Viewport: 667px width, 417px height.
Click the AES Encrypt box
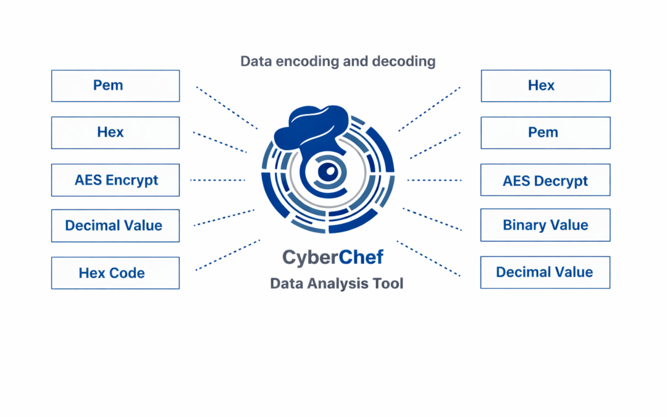pyautogui.click(x=115, y=180)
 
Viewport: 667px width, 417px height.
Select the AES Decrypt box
pyautogui.click(x=545, y=180)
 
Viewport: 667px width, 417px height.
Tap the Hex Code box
pyautogui.click(x=115, y=273)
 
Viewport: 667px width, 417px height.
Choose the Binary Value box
pyautogui.click(x=545, y=225)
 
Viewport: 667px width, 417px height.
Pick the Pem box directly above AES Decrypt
pyautogui.click(x=545, y=132)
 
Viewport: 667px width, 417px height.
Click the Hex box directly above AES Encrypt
pyautogui.click(x=115, y=132)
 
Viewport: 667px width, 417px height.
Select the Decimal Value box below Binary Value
pyautogui.click(x=545, y=272)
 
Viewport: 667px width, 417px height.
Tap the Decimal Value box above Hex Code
pyautogui.click(x=115, y=225)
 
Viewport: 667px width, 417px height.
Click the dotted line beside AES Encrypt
pyautogui.click(x=217, y=180)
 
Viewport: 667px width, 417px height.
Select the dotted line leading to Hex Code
pyautogui.click(x=227, y=255)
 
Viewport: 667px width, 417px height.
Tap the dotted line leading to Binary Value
pyautogui.click(x=432, y=219)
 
